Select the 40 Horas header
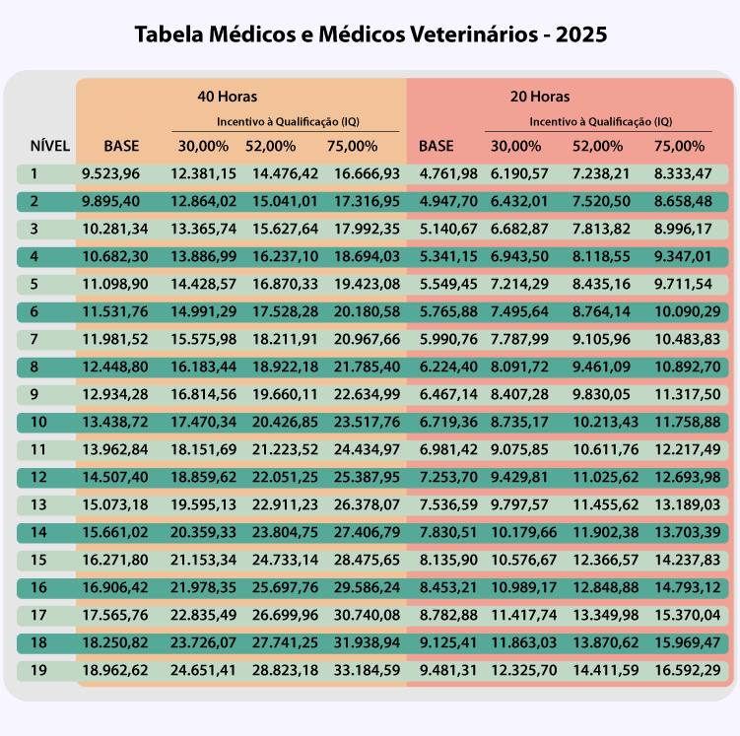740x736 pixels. pyautogui.click(x=227, y=97)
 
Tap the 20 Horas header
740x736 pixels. pyautogui.click(x=539, y=97)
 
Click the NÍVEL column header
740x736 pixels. pyautogui.click(x=50, y=146)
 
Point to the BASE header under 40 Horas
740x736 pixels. pyautogui.click(x=121, y=146)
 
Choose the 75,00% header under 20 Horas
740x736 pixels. pyautogui.click(x=679, y=146)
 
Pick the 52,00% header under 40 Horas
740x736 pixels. pyautogui.click(x=271, y=146)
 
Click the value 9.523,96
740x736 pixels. pyautogui.click(x=110, y=174)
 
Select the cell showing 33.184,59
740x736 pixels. pyautogui.click(x=367, y=671)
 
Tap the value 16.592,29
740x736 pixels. pyautogui.click(x=687, y=671)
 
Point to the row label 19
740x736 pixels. pyautogui.click(x=37, y=671)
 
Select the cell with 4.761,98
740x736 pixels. pyautogui.click(x=448, y=174)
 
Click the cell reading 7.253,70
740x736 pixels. pyautogui.click(x=448, y=478)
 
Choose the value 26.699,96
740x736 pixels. pyautogui.click(x=285, y=616)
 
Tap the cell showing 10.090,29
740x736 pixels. pyautogui.click(x=687, y=312)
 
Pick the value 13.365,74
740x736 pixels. pyautogui.click(x=203, y=230)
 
